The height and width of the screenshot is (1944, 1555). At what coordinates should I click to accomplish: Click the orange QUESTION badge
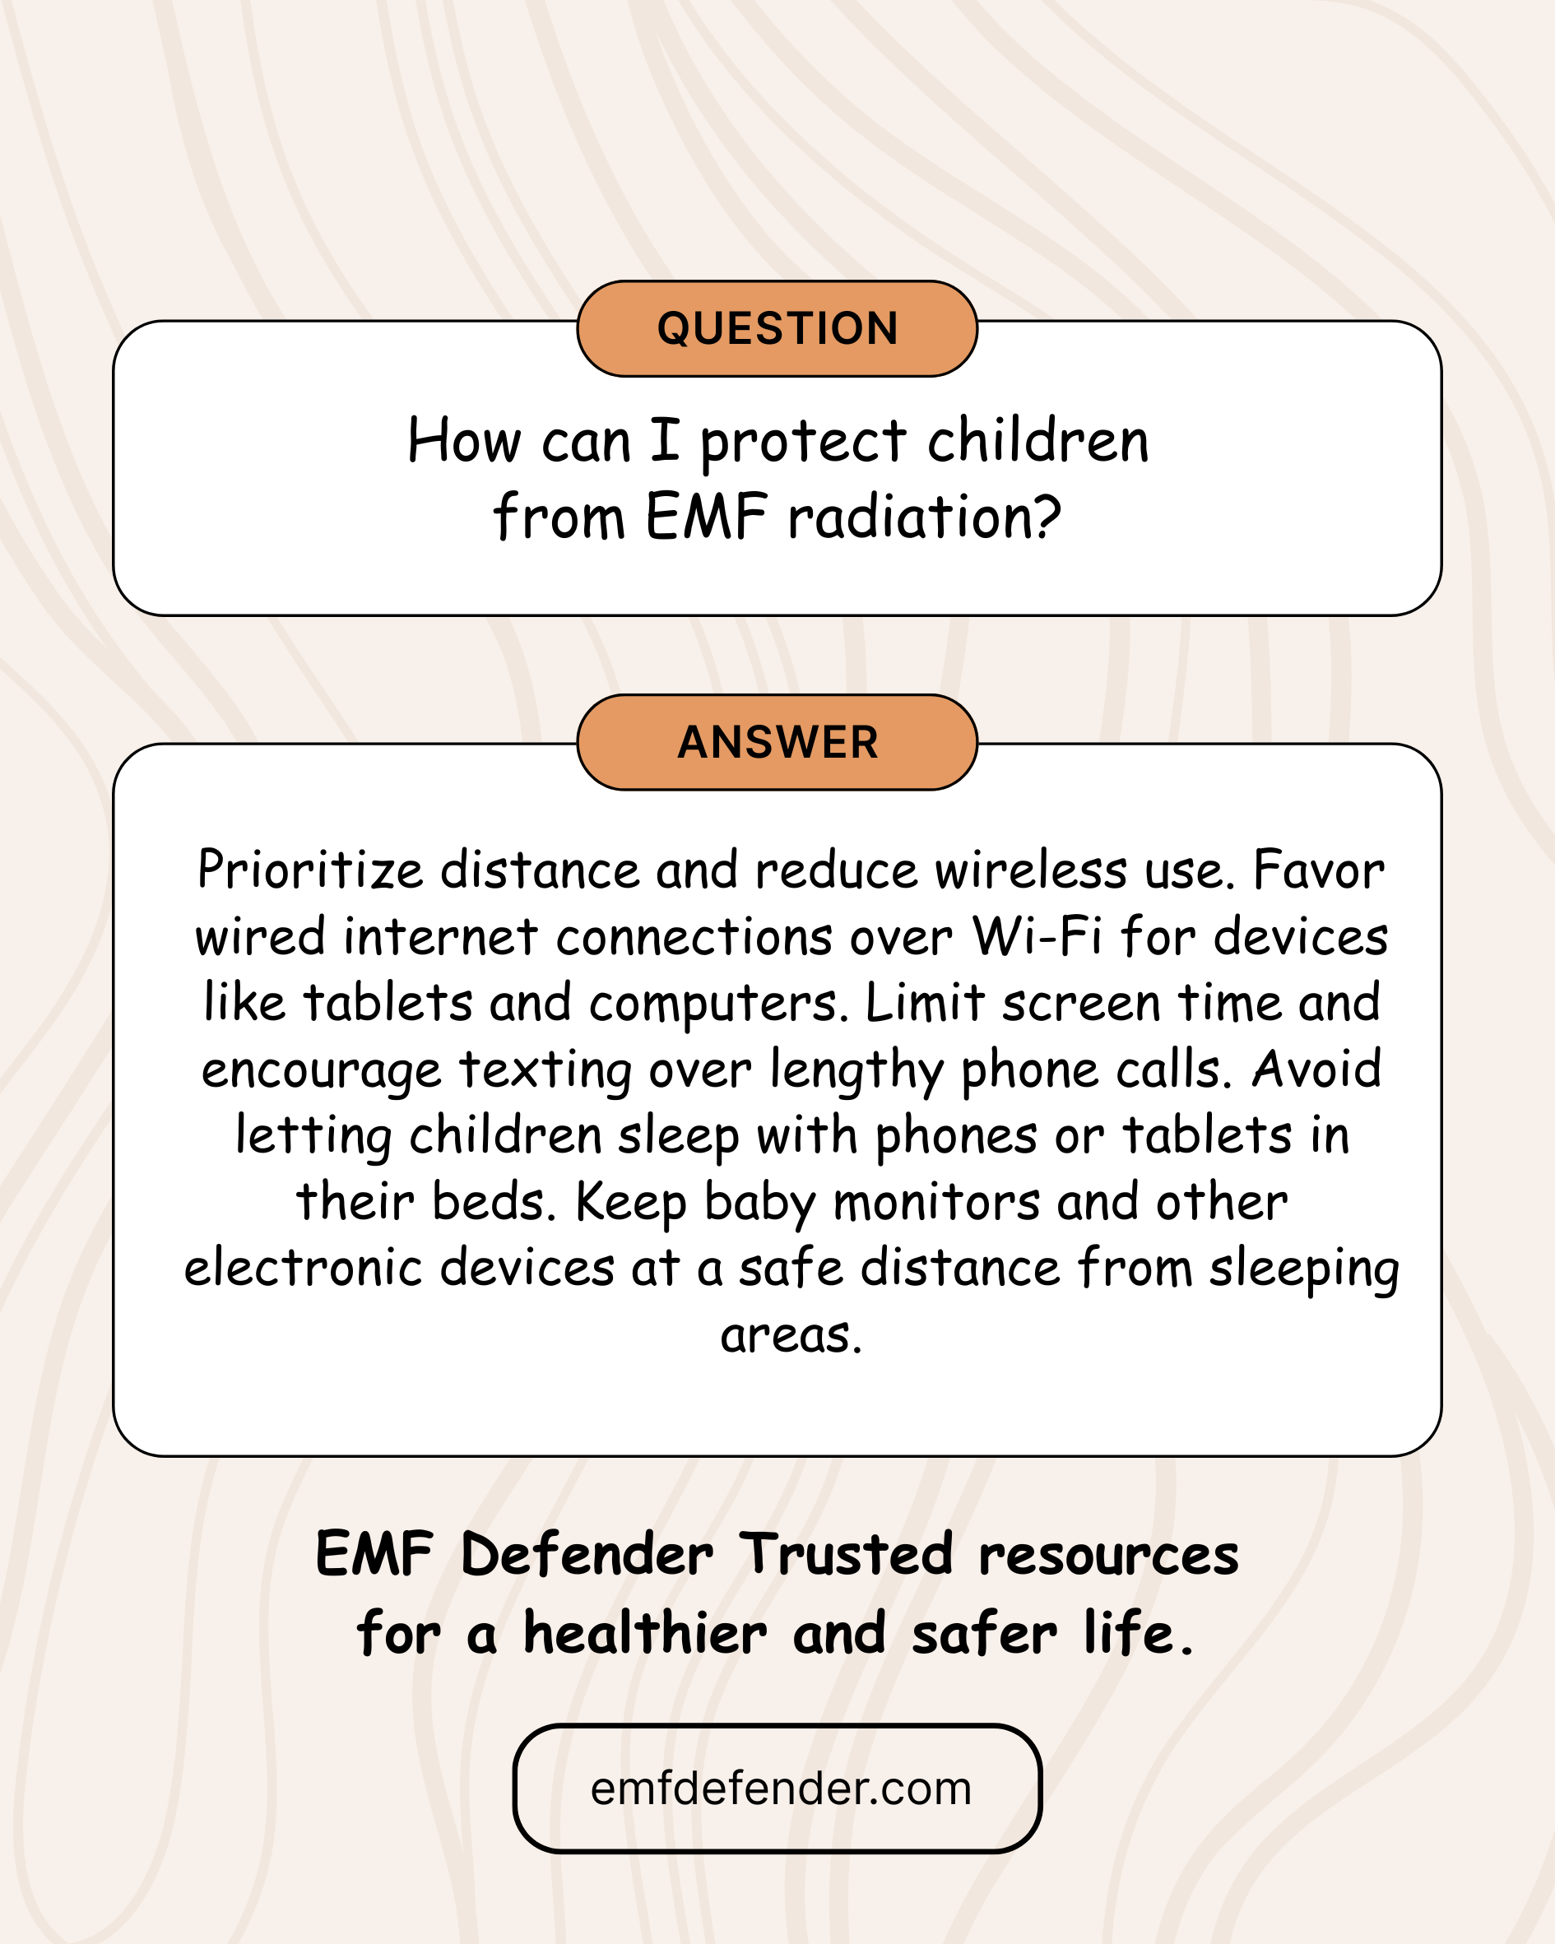(x=777, y=328)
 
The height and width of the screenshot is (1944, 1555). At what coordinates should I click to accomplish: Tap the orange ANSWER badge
(x=777, y=742)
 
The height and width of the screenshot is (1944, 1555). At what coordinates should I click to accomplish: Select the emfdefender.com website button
(x=777, y=1789)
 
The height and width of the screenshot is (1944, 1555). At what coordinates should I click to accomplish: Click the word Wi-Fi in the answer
(x=1037, y=936)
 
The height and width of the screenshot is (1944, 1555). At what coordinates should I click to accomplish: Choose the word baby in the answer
(x=759, y=1204)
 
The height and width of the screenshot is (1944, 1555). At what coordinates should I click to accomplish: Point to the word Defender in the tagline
(x=587, y=1555)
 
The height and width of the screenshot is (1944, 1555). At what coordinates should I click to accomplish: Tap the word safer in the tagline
(x=984, y=1633)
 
